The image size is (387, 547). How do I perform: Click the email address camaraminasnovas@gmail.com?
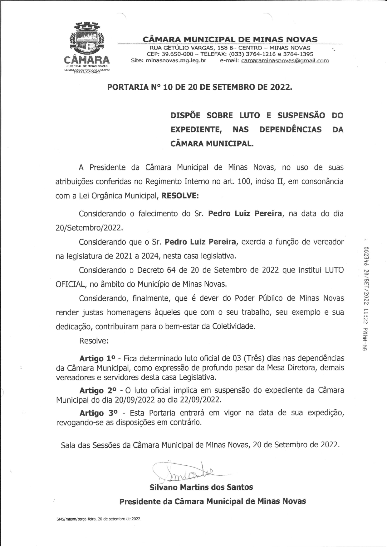285,61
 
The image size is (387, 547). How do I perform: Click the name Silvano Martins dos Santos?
201,487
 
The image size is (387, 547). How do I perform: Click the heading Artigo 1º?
97,359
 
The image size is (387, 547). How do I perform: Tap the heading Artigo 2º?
98,391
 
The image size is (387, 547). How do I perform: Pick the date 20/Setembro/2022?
89,228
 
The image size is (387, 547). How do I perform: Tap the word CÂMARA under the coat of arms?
86,60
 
